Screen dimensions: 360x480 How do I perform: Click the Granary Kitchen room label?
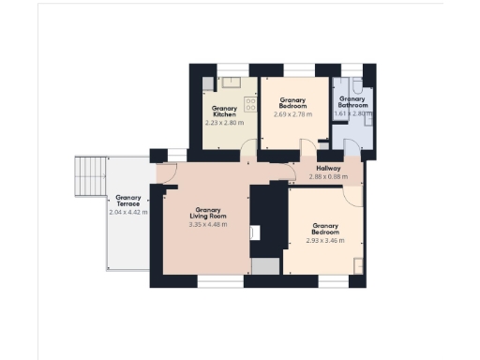coord(224,112)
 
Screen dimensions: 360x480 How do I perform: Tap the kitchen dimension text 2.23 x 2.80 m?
coord(224,122)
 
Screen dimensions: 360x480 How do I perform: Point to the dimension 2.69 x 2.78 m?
coord(293,115)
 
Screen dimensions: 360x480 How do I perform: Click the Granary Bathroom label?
coord(352,102)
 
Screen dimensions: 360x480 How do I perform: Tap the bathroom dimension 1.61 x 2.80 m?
coord(353,112)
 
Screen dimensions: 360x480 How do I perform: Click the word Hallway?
coord(328,168)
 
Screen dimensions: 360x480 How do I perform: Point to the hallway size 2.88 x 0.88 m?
coord(328,176)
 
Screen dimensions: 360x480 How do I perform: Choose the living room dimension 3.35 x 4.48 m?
coord(207,225)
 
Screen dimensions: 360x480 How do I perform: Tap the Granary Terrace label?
coord(127,201)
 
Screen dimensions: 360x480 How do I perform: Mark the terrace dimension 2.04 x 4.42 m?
coord(128,213)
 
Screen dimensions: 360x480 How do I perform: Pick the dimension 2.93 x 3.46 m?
coord(325,241)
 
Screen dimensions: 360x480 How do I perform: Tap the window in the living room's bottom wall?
coord(220,280)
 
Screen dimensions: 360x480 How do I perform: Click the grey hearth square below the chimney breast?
coord(265,267)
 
